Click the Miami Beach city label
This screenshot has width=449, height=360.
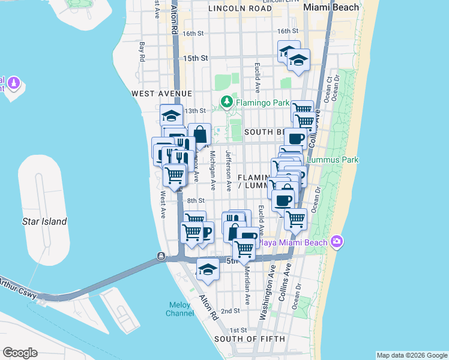(x=331, y=7)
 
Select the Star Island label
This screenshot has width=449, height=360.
(x=44, y=221)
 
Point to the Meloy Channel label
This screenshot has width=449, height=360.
(x=180, y=309)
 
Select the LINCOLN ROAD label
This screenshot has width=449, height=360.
(x=239, y=9)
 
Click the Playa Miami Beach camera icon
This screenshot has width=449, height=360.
(x=337, y=242)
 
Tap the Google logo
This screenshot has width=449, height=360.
(x=19, y=353)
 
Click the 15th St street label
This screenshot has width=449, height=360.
(x=195, y=58)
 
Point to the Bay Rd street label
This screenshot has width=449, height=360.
(x=143, y=52)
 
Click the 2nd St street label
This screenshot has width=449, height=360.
(x=230, y=311)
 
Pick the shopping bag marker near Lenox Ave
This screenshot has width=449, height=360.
(x=199, y=134)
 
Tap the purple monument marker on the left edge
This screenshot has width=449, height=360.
(x=14, y=82)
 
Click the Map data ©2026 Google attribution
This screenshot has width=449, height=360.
(x=411, y=355)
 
